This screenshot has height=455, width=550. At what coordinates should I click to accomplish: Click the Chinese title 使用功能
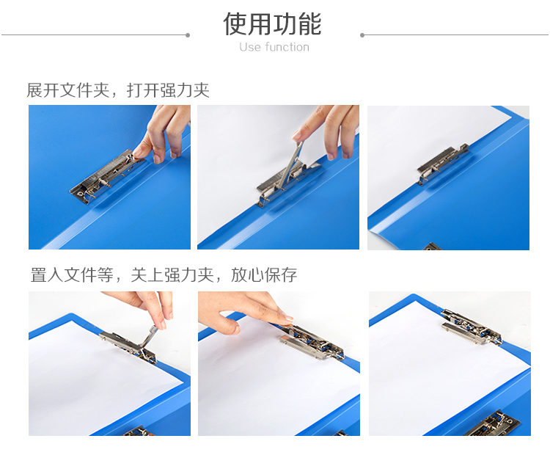coord(273,24)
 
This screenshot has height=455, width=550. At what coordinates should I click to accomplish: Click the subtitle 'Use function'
coord(274,47)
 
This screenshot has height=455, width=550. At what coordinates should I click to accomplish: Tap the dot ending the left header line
coord(188,35)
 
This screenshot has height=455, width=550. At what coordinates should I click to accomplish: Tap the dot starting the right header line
coord(362,35)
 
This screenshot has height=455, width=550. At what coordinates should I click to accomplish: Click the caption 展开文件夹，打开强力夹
coord(118,90)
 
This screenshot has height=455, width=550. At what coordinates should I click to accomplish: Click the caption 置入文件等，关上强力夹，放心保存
coord(164,275)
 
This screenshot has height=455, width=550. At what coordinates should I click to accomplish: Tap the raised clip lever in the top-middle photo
coord(290,164)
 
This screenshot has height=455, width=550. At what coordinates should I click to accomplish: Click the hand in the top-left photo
coord(164,134)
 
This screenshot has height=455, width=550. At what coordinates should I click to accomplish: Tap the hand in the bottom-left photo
coord(147,305)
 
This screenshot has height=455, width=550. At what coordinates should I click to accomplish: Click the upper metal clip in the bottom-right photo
coord(471,327)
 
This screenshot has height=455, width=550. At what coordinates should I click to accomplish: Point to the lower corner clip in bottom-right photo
coord(491,424)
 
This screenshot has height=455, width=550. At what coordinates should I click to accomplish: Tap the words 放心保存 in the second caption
coord(264,275)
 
